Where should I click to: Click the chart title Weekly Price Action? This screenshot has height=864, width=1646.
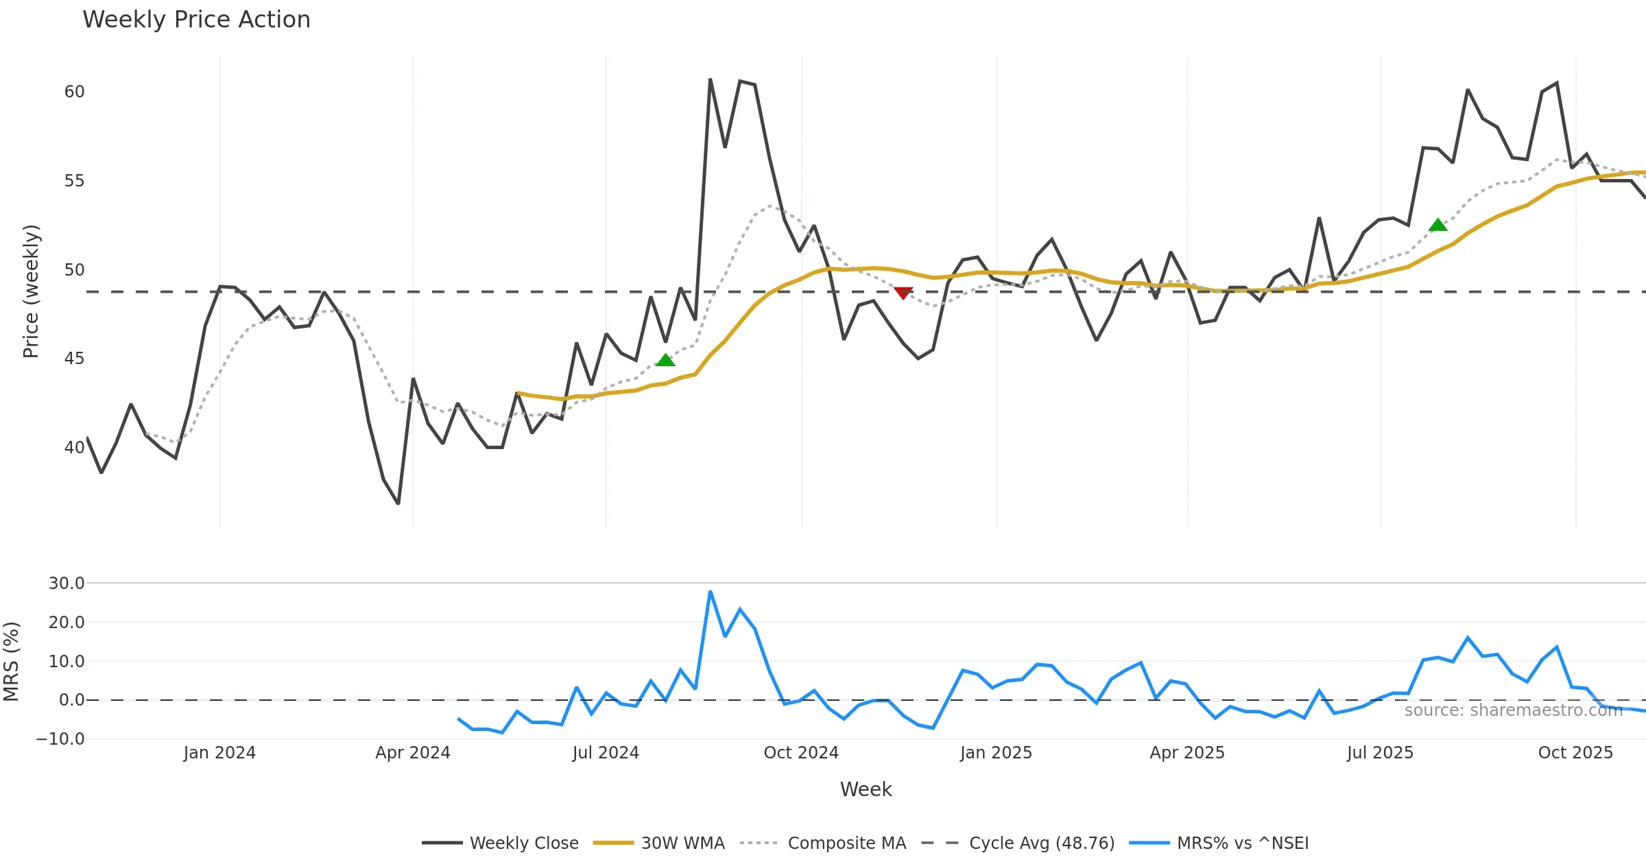(x=196, y=20)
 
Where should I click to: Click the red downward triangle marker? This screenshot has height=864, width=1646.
(x=903, y=293)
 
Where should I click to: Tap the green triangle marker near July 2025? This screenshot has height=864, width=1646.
(x=1438, y=225)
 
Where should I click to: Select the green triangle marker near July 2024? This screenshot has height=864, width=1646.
(x=665, y=360)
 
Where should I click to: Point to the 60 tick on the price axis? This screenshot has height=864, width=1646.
(x=74, y=92)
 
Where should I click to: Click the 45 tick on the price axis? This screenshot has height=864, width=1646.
(x=74, y=359)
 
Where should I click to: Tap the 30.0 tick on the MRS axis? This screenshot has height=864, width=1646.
(x=67, y=584)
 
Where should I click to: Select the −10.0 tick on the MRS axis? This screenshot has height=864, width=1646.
(x=60, y=739)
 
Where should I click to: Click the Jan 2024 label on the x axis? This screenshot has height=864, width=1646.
(x=219, y=753)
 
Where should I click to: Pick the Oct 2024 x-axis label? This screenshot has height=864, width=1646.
(x=801, y=753)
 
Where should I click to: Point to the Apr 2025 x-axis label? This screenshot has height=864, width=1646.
(x=1187, y=753)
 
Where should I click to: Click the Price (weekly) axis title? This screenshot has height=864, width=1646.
(x=31, y=291)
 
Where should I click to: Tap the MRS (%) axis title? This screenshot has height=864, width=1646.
(x=12, y=661)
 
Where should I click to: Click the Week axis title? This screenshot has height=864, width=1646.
(x=866, y=790)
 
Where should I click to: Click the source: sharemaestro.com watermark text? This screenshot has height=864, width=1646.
(x=1513, y=710)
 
